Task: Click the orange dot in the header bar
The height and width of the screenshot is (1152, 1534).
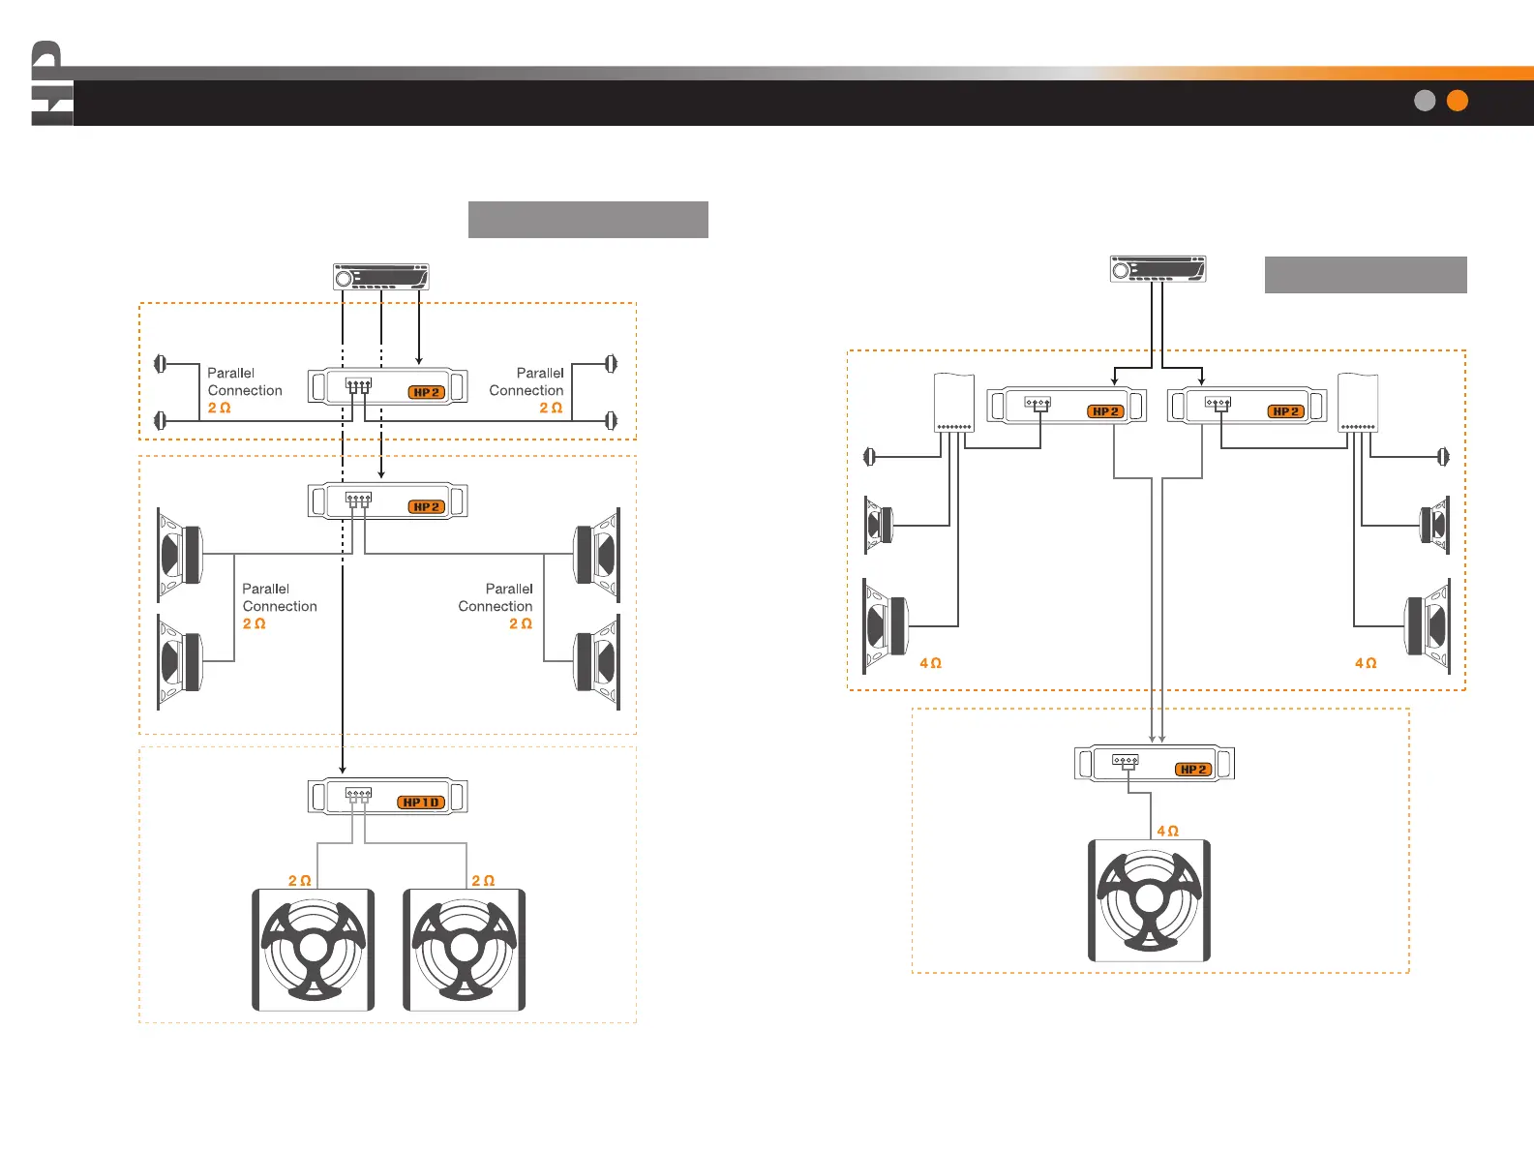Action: coord(1457,101)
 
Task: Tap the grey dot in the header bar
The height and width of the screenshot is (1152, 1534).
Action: coord(1424,101)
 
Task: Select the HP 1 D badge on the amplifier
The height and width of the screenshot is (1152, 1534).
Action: coord(422,803)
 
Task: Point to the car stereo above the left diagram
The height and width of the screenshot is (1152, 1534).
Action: coord(380,277)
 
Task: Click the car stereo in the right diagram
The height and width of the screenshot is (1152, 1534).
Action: coord(1158,269)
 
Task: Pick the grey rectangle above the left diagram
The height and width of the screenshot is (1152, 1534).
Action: coord(587,220)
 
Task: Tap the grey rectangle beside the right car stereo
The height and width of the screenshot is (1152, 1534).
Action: coord(1365,275)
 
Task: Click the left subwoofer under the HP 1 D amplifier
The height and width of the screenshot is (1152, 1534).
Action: coord(313,950)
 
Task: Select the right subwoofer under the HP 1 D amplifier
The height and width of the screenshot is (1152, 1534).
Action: coord(464,950)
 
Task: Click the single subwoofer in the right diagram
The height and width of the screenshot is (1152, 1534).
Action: coord(1149,900)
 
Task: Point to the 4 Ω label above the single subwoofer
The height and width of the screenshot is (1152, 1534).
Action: coord(1167,831)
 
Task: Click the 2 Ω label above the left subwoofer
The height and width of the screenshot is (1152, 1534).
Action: coord(299,881)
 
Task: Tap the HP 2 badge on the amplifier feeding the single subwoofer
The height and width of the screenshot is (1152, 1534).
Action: coord(1193,770)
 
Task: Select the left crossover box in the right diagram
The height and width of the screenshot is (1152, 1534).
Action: coord(953,403)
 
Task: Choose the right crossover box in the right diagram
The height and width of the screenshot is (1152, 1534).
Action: coord(1358,403)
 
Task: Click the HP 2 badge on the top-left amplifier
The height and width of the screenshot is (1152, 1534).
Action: coord(426,392)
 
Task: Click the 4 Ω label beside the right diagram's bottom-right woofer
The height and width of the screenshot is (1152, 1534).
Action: coord(1365,663)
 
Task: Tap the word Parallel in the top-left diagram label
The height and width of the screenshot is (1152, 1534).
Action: coord(230,373)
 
